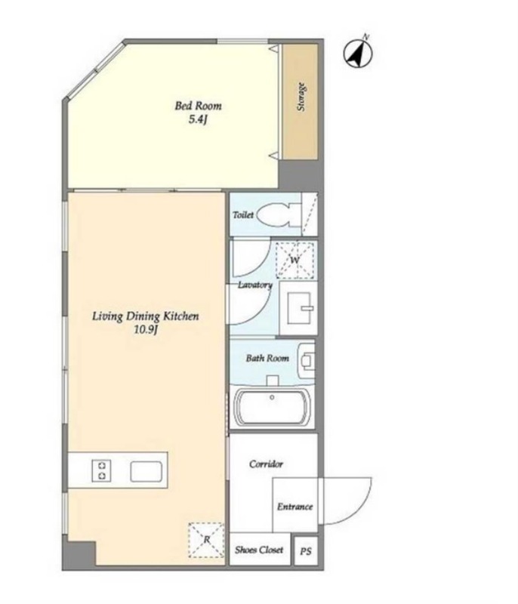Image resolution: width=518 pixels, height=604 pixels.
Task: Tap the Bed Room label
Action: (x=199, y=106)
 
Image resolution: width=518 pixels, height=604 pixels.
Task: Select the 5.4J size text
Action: (x=198, y=120)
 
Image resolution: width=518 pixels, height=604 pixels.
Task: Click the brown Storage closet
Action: (x=301, y=101)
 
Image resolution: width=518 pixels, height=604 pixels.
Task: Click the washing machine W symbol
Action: (x=295, y=260)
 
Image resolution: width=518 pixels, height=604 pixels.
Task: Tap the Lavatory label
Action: (x=255, y=285)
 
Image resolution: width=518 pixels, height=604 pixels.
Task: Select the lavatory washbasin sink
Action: (x=301, y=308)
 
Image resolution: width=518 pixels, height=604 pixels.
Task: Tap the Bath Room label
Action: (x=267, y=358)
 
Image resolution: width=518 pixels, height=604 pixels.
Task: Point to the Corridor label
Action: (x=266, y=464)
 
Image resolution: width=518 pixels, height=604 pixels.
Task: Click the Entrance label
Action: (x=295, y=507)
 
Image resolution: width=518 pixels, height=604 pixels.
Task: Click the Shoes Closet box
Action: (x=260, y=550)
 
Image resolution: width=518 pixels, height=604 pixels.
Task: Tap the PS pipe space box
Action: (x=306, y=551)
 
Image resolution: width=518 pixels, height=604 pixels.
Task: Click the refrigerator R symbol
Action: (x=206, y=540)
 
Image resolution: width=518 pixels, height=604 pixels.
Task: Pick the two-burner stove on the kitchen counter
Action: (x=102, y=470)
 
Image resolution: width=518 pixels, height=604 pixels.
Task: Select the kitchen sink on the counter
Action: (x=146, y=471)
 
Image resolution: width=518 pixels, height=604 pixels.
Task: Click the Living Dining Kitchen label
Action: (x=146, y=316)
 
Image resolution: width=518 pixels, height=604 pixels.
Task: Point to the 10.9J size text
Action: (x=146, y=330)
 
